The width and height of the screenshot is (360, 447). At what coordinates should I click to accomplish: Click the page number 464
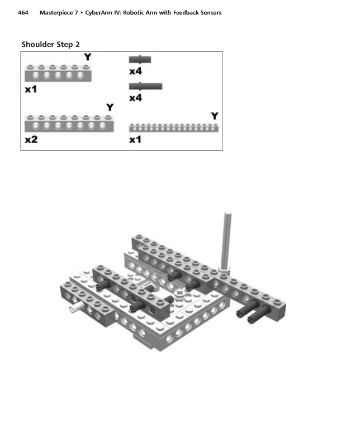click(x=23, y=13)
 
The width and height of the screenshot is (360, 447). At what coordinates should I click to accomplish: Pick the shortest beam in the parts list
click(x=58, y=73)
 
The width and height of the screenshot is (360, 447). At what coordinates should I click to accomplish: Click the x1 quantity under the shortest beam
click(x=31, y=89)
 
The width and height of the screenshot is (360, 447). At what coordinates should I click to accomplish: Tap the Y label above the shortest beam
click(x=88, y=56)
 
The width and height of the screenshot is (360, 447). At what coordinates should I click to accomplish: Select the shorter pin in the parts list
click(x=140, y=59)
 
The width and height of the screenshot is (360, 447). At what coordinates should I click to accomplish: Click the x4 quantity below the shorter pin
click(x=135, y=72)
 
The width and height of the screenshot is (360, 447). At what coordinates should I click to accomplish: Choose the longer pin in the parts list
click(x=145, y=86)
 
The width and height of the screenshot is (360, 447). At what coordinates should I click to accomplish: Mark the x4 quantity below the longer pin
click(x=135, y=98)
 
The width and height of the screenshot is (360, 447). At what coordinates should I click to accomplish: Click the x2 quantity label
click(x=31, y=139)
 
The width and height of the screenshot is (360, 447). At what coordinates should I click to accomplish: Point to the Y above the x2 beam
click(x=110, y=107)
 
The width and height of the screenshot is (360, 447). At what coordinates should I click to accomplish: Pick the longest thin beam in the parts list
click(x=174, y=128)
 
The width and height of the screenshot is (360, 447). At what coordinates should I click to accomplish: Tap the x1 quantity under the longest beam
click(x=135, y=139)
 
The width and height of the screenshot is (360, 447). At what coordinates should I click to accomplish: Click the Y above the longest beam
click(x=215, y=116)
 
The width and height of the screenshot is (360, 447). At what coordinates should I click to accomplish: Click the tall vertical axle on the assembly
click(x=227, y=241)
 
